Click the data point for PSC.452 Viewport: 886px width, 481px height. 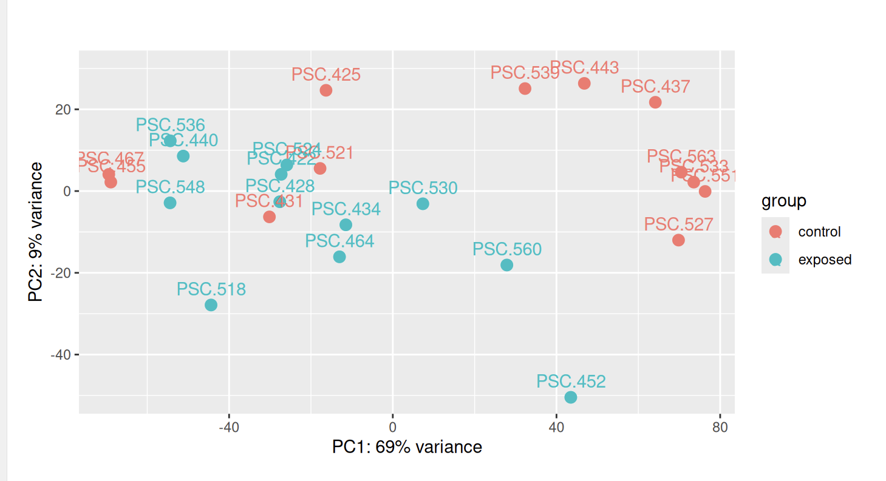[570, 397]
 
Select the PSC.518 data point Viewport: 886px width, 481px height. [211, 304]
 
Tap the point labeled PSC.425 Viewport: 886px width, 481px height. [326, 90]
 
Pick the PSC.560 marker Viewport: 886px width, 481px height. [506, 265]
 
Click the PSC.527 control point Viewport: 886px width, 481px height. [678, 240]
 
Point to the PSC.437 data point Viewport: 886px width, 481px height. [655, 103]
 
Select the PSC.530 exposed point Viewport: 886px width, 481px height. [423, 204]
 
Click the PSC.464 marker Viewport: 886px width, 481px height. [339, 257]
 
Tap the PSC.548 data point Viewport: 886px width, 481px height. [170, 203]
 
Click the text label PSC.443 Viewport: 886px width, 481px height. [584, 68]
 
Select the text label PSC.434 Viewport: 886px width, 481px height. [346, 210]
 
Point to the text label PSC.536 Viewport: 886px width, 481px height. [170, 126]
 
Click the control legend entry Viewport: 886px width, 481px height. [819, 232]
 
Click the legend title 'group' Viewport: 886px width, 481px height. [784, 201]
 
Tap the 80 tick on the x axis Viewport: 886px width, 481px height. [720, 427]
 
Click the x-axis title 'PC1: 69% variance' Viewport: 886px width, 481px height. [407, 448]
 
